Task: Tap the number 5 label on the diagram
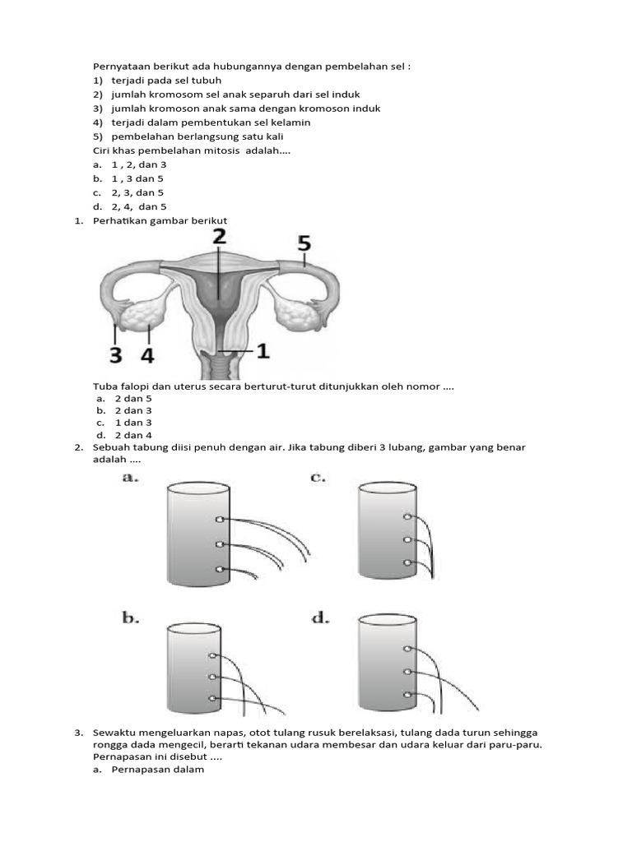coord(304,243)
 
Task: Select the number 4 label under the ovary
coord(148,355)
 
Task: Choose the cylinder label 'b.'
coord(129,617)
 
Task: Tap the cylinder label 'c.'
coord(319,478)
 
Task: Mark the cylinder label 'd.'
coord(320,617)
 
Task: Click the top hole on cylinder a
coord(219,520)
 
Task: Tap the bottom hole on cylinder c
coord(407,562)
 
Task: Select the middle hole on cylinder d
coord(407,672)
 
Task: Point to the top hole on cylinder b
coord(212,655)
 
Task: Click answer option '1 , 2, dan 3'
coord(139,164)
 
